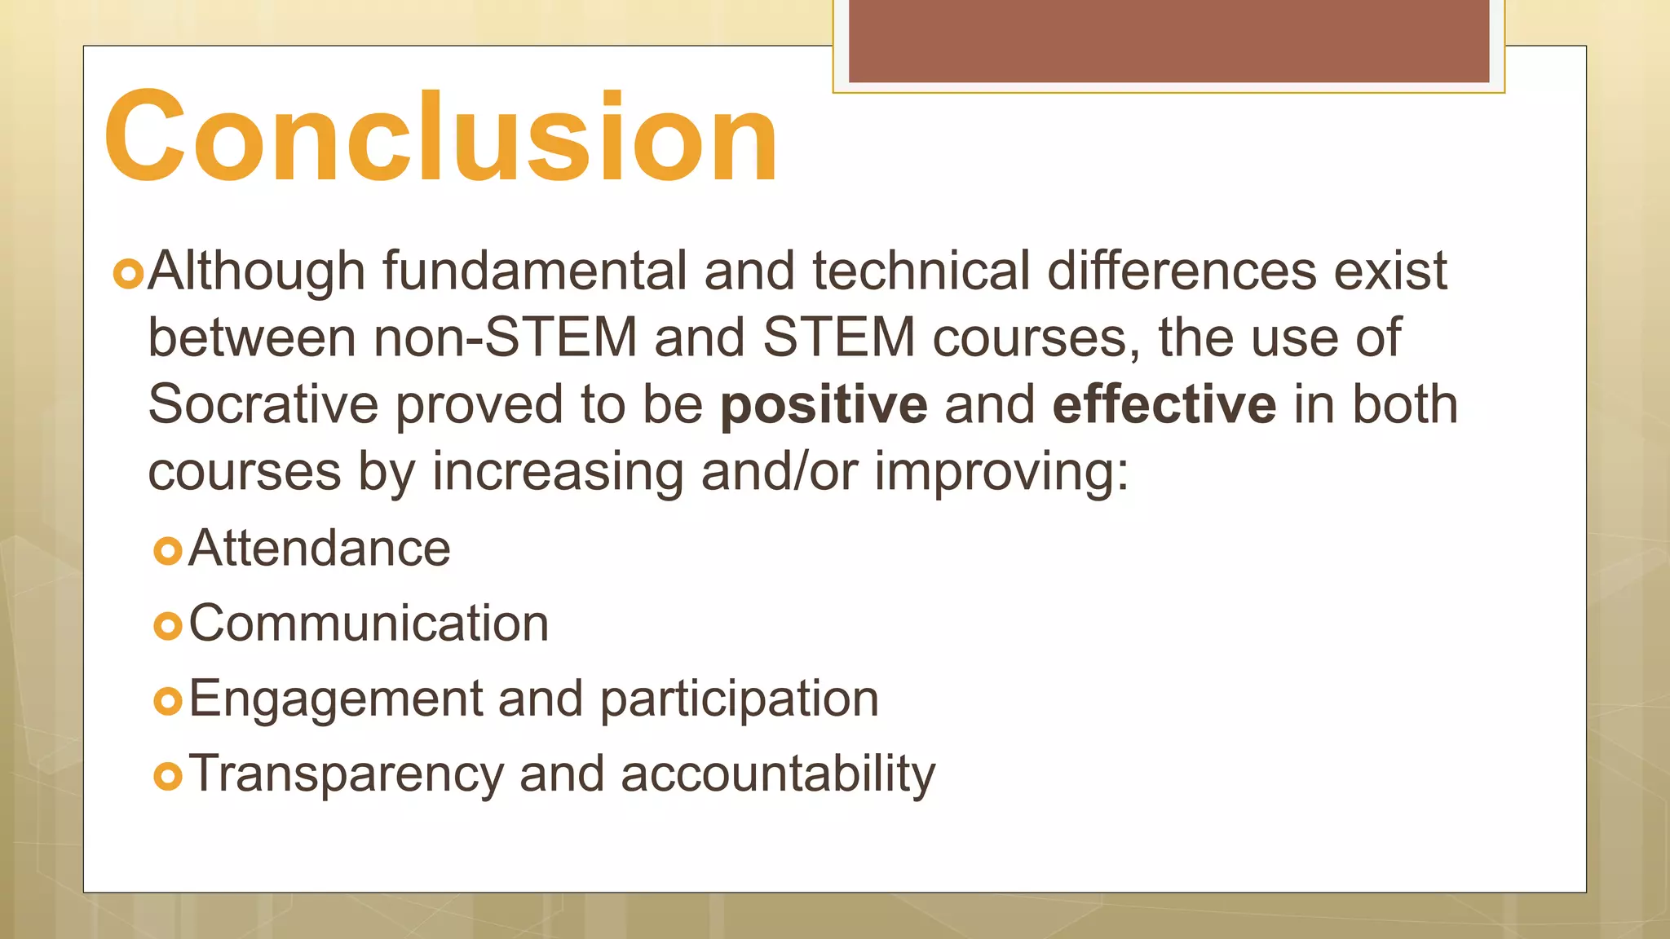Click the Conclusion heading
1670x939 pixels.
pos(441,137)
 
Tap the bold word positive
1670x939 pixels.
pos(824,404)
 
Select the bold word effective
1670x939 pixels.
pos(1164,404)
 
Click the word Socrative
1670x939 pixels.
pos(263,404)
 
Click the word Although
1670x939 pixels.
pos(256,271)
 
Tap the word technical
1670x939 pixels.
pos(921,271)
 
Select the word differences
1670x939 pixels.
pos(1182,271)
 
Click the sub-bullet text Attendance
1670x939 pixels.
pos(320,548)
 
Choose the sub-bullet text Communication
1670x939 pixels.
pos(369,624)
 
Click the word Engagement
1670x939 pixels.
pos(336,699)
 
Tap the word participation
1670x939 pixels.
pos(740,699)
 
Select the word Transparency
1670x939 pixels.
pos(347,774)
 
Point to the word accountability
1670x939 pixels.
pos(778,774)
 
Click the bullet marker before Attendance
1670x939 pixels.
pos(167,552)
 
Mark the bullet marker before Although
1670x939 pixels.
pos(128,275)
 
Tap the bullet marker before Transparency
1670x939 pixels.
pos(167,777)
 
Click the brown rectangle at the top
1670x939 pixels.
pos(1169,41)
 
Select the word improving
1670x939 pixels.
pos(1001,472)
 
